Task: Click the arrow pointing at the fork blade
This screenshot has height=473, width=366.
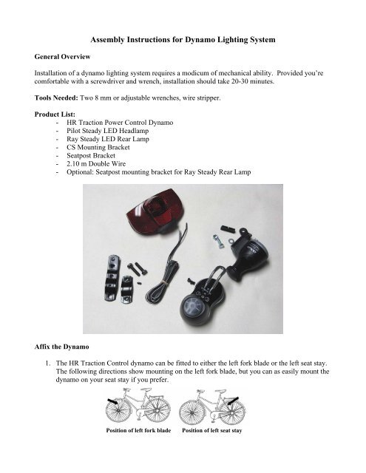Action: (x=109, y=402)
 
